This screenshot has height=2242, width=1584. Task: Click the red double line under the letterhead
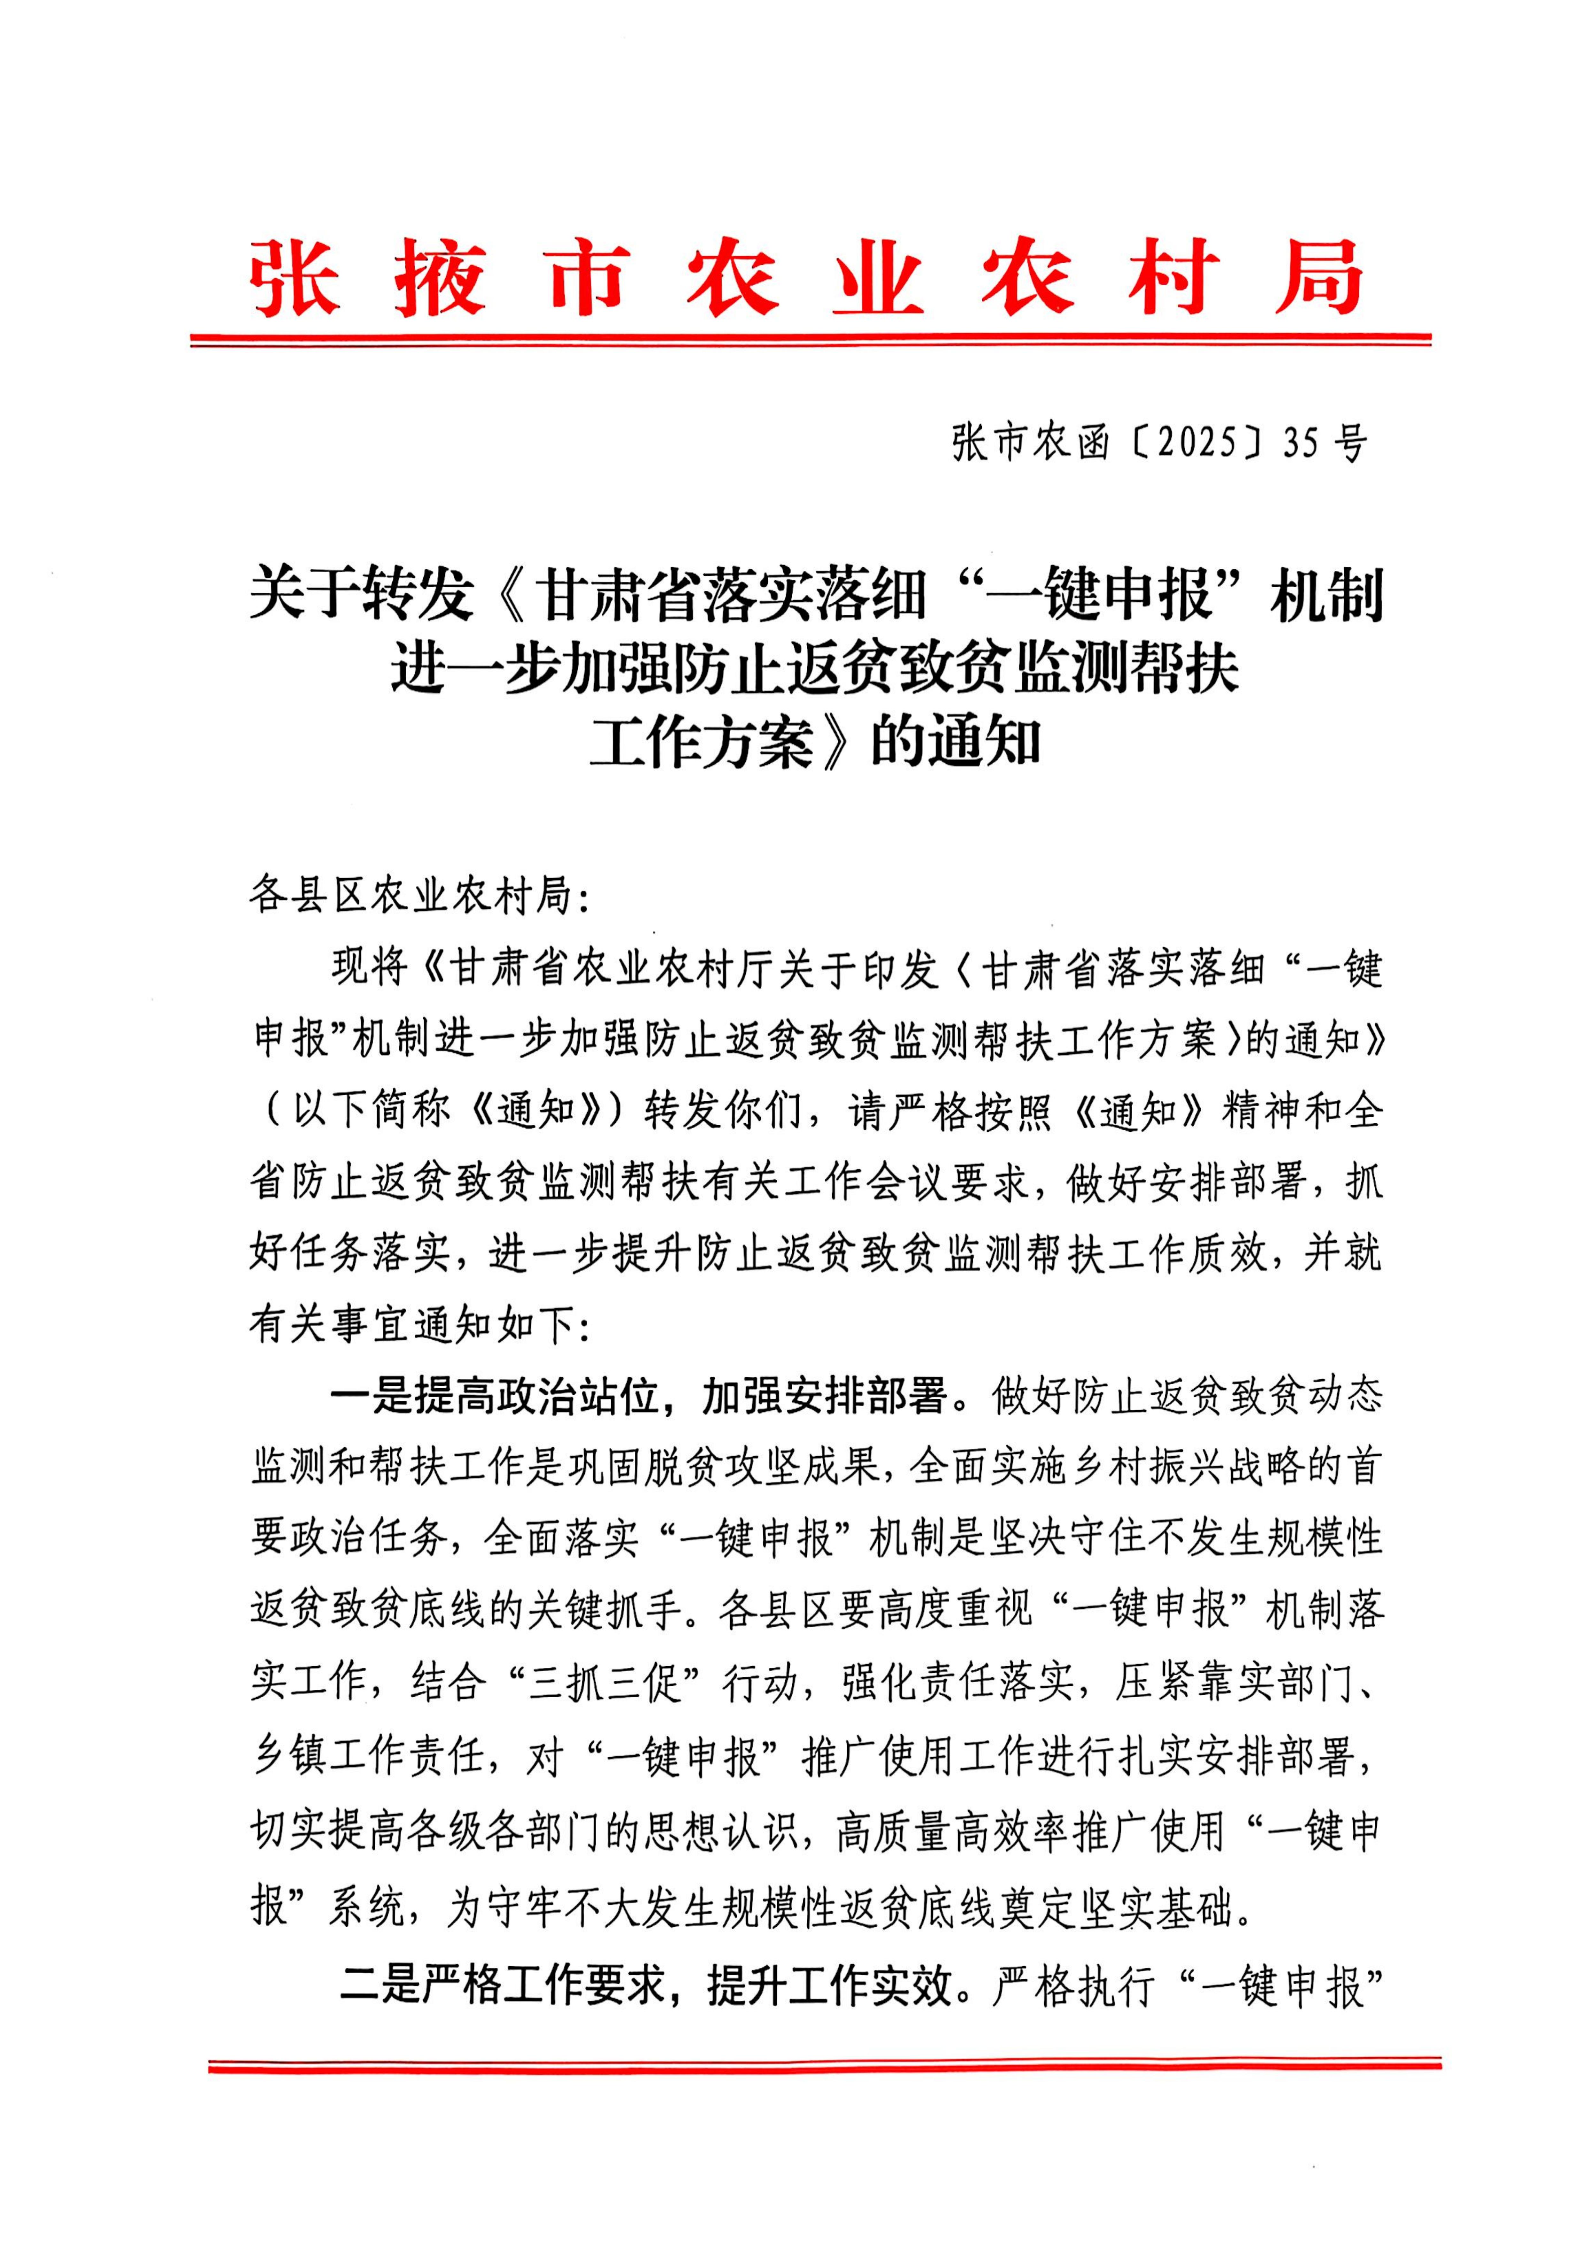[811, 340]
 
